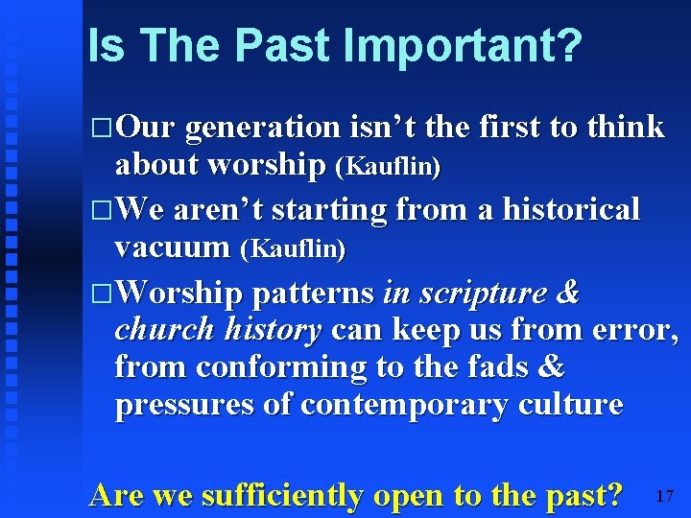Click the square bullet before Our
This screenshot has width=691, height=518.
(x=104, y=128)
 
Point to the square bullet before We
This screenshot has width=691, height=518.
(x=104, y=210)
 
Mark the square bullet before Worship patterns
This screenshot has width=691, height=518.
(x=104, y=293)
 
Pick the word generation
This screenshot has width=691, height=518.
(x=262, y=128)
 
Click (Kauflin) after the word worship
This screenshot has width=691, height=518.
(x=388, y=168)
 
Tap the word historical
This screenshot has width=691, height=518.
(x=562, y=209)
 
